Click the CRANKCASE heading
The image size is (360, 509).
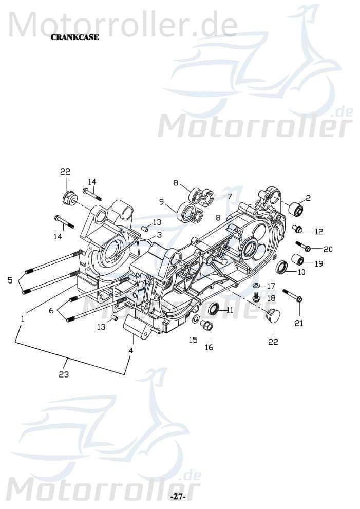(x=74, y=37)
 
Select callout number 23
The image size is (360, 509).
(x=64, y=374)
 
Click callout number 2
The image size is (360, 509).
(x=308, y=197)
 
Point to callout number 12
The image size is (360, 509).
(x=318, y=231)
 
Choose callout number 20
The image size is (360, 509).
(x=328, y=249)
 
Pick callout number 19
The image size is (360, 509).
(x=318, y=263)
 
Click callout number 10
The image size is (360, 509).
(x=301, y=272)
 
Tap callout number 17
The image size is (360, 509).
(x=271, y=286)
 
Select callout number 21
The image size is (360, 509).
(x=298, y=323)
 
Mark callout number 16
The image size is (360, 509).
(x=209, y=347)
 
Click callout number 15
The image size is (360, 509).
(x=193, y=340)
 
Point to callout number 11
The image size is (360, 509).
(x=229, y=310)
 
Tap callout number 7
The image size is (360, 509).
(x=229, y=196)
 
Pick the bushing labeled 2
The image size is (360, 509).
(x=296, y=210)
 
